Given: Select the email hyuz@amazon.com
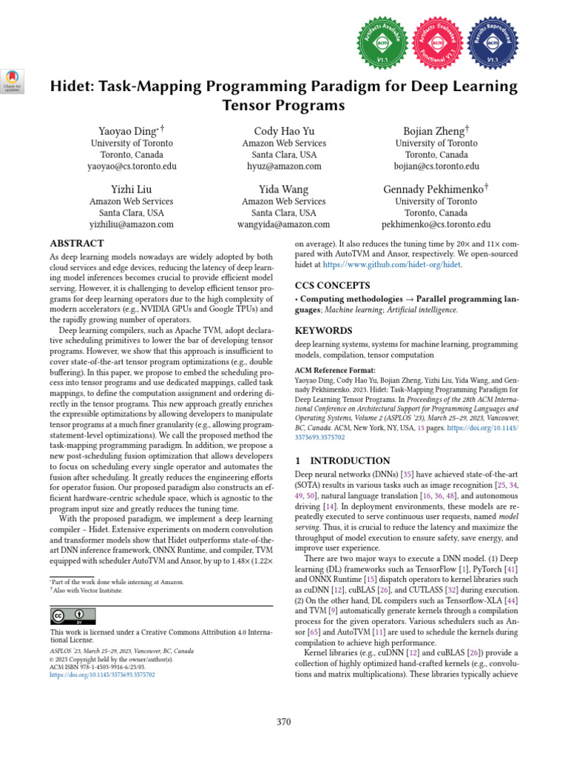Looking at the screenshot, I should [x=283, y=167].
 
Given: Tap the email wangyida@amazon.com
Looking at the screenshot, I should [x=283, y=224].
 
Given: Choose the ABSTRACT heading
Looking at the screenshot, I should [x=76, y=243].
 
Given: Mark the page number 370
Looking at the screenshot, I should [x=284, y=722].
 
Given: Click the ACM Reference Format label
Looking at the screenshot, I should [x=335, y=369].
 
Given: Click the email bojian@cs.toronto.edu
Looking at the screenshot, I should [x=436, y=167].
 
